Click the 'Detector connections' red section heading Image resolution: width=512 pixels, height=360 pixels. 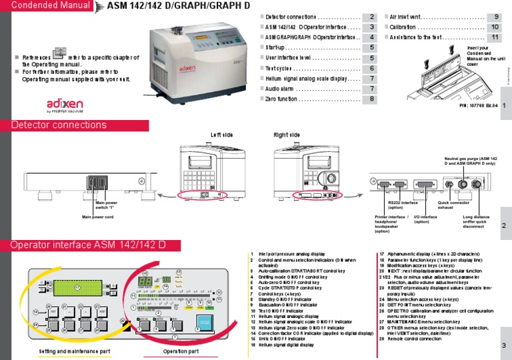tap(59, 125)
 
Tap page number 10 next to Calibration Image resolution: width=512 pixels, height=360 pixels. tap(493, 27)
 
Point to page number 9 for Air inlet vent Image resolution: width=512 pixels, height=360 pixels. tap(493, 17)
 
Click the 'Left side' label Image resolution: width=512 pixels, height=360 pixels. tap(222, 135)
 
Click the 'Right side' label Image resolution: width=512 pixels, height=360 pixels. tap(287, 135)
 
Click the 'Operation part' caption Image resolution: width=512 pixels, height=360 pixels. tap(181, 351)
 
